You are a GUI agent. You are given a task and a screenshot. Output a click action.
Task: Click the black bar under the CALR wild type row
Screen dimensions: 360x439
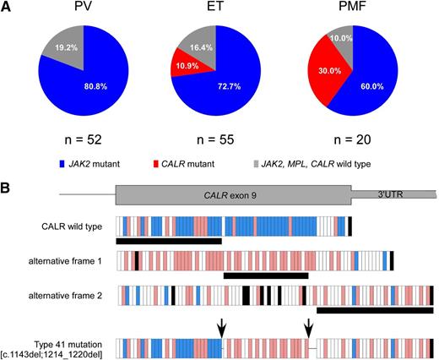[x=169, y=241]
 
